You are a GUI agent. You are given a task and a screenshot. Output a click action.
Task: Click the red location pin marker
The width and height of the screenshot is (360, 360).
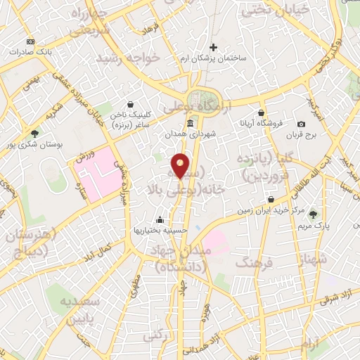(x=181, y=165)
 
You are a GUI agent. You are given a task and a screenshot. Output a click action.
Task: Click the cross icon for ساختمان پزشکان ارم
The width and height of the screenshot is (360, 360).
(x=214, y=48)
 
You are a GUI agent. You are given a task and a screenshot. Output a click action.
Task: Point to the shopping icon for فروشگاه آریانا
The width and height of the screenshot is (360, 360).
(x=261, y=112)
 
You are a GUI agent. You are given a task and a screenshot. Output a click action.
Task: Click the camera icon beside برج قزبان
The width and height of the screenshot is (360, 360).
(x=301, y=124)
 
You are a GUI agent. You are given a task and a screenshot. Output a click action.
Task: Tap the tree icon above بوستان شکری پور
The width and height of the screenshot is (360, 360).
(x=35, y=132)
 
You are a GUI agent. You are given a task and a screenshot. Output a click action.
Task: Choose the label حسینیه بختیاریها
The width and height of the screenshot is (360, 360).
(x=160, y=230)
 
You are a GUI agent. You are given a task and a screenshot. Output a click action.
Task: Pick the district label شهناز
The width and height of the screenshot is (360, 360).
(x=313, y=259)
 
